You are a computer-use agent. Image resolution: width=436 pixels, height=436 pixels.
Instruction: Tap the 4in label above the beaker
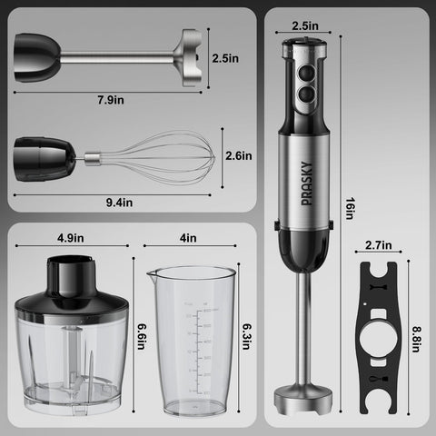(x=189, y=238)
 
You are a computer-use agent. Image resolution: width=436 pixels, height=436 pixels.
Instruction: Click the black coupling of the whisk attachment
(x=45, y=155)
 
